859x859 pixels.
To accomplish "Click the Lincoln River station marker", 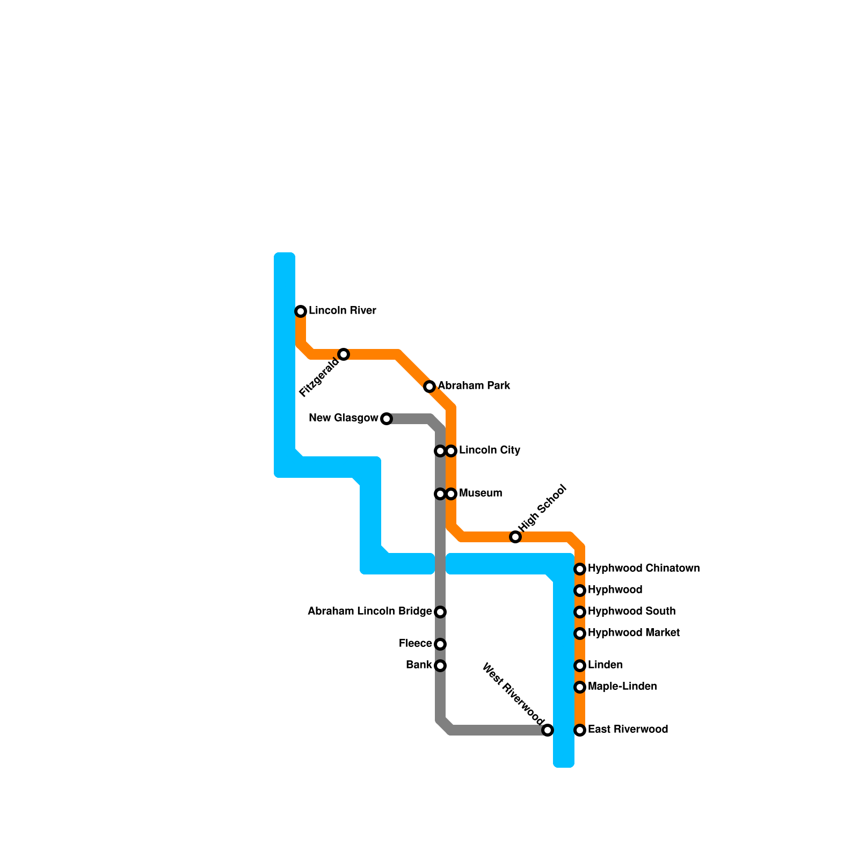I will [301, 311].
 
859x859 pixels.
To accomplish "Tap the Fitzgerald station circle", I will [344, 354].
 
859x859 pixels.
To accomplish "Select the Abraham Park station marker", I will [429, 387].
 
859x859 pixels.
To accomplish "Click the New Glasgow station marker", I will [387, 419].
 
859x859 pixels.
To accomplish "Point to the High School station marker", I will [515, 537].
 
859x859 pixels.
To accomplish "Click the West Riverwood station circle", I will [548, 730].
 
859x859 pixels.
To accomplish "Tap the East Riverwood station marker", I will [580, 730].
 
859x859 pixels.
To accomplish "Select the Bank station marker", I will [440, 666].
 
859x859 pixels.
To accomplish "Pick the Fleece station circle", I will [440, 644].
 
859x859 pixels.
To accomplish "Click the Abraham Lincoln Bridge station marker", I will [440, 612].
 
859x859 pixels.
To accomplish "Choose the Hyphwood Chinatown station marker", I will [580, 569].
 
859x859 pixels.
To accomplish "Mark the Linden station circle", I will [580, 666].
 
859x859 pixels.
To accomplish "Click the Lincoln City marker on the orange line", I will [452, 451].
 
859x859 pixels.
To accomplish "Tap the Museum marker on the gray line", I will [440, 494].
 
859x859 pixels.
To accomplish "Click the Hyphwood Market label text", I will [634, 633].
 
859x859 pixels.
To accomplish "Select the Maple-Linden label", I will [622, 687].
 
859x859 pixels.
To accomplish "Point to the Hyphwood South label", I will [631, 612].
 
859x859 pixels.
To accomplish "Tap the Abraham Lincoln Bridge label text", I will [369, 612].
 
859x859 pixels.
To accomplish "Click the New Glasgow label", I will [344, 418].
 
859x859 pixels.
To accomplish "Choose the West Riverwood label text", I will [513, 692].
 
